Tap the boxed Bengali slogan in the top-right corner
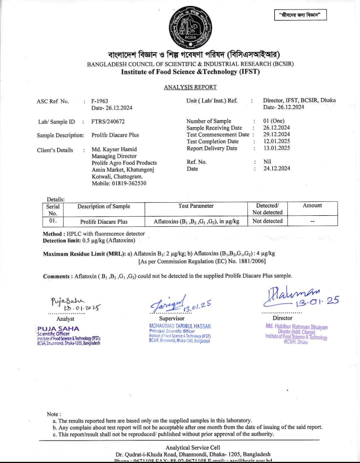(x=300, y=15)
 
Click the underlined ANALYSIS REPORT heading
(x=190, y=87)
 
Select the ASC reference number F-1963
(x=100, y=101)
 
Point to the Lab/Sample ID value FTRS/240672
(x=108, y=122)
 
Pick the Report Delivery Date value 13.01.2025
(x=276, y=148)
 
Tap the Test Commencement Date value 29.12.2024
(x=276, y=135)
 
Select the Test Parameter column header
(x=196, y=206)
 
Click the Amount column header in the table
(x=312, y=206)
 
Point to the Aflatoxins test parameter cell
(x=196, y=221)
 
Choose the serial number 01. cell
(x=53, y=221)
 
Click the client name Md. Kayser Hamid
(x=114, y=149)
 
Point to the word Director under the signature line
(x=282, y=318)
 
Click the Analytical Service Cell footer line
(x=193, y=447)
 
